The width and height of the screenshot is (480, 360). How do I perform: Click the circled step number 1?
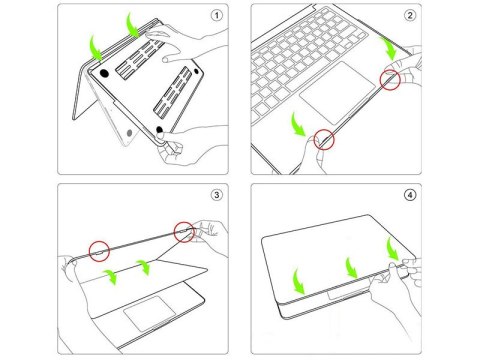pyautogui.click(x=217, y=16)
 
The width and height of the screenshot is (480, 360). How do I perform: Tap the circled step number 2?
pyautogui.click(x=409, y=16)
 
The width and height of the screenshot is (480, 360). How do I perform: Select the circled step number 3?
pyautogui.click(x=217, y=196)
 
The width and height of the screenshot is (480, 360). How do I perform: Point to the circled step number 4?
pyautogui.click(x=409, y=196)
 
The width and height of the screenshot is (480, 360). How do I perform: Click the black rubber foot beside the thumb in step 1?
pyautogui.click(x=160, y=131)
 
